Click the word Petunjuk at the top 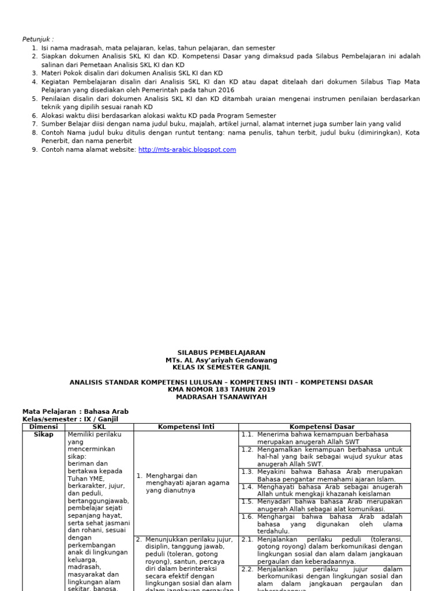point(36,39)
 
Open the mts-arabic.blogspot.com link point(187,149)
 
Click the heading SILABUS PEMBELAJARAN point(221,353)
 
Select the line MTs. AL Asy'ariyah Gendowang point(221,360)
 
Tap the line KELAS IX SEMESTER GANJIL point(221,367)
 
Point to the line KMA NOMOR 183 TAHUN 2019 point(221,390)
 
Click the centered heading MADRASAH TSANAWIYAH point(221,397)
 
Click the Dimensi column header point(44,427)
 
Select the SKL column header point(99,427)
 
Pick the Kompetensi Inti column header point(186,427)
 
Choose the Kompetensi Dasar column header point(324,427)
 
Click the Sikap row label point(44,435)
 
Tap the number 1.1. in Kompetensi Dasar point(247,435)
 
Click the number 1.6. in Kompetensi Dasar point(247,517)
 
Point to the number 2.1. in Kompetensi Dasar point(247,540)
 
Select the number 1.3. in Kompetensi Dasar point(247,472)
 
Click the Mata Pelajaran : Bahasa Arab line point(75,412)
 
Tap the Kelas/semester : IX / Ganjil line point(70,420)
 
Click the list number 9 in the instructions point(35,149)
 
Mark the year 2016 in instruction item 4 point(227,90)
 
